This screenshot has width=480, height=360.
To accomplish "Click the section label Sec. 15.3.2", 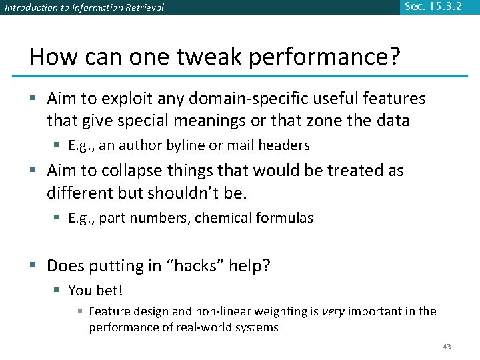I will point(433,7).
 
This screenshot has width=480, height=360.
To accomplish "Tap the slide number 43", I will point(447,346).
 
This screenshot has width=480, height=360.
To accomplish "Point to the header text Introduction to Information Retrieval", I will point(84,8).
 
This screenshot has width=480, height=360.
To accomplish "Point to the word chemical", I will point(219,218).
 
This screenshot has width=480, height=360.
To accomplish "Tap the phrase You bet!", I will point(96,291).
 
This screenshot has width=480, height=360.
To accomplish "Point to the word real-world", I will point(198,327).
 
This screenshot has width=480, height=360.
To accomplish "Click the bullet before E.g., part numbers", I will point(59,218).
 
